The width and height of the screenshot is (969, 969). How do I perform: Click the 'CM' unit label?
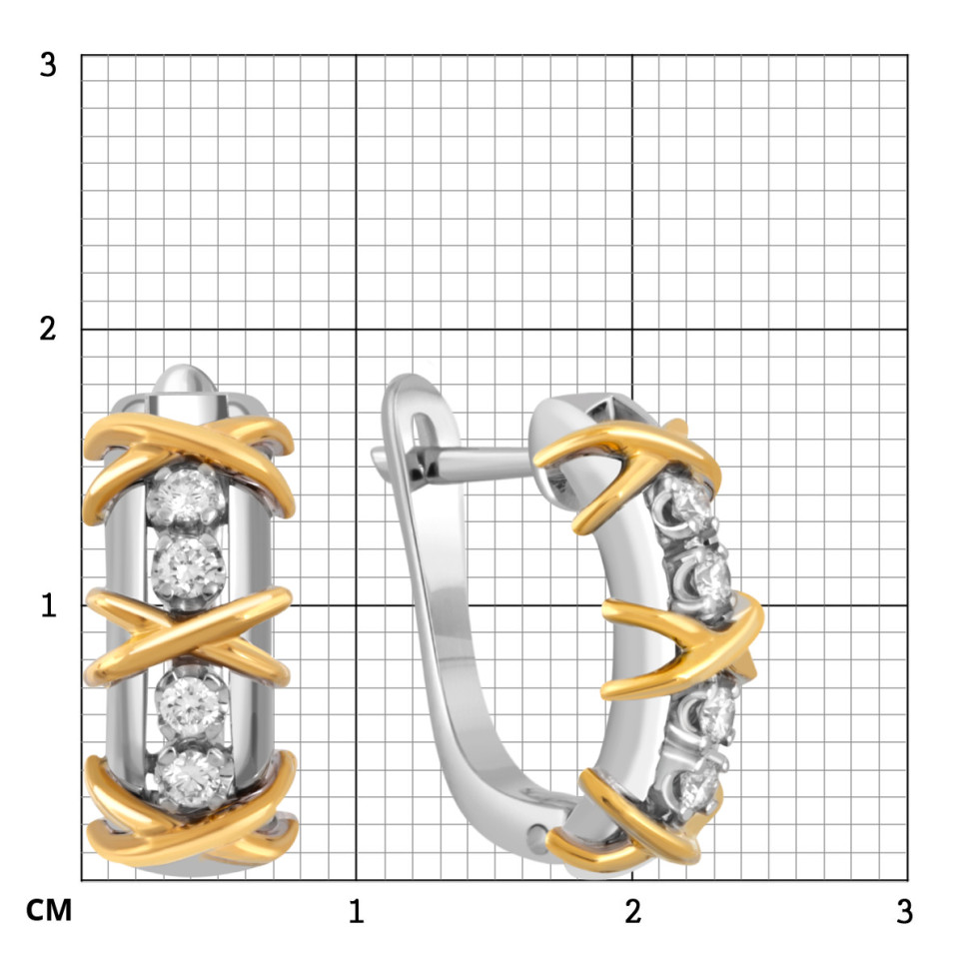[49, 910]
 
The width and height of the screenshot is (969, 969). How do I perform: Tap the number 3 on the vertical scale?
[48, 64]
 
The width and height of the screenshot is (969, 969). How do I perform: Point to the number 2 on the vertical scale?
[48, 329]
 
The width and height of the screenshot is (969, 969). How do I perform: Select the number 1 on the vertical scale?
[49, 605]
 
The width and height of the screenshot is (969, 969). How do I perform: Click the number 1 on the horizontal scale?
[356, 911]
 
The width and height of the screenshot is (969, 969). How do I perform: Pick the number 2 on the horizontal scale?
[632, 911]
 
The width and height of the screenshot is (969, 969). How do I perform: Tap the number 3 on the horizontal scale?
[904, 911]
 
